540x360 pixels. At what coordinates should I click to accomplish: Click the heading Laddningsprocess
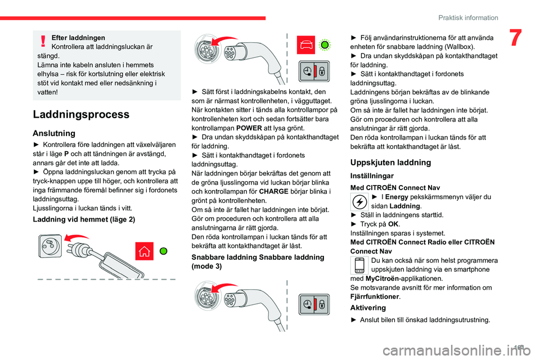tap(82, 115)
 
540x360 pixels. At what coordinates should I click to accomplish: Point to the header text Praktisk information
tap(469, 17)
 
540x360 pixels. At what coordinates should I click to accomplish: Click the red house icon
tap(143, 251)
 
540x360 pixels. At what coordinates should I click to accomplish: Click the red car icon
tap(306, 45)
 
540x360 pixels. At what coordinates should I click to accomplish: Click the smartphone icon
tap(358, 265)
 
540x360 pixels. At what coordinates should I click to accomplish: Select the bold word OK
tap(393, 224)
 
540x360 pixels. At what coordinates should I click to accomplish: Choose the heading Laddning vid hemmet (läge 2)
tap(84, 219)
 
